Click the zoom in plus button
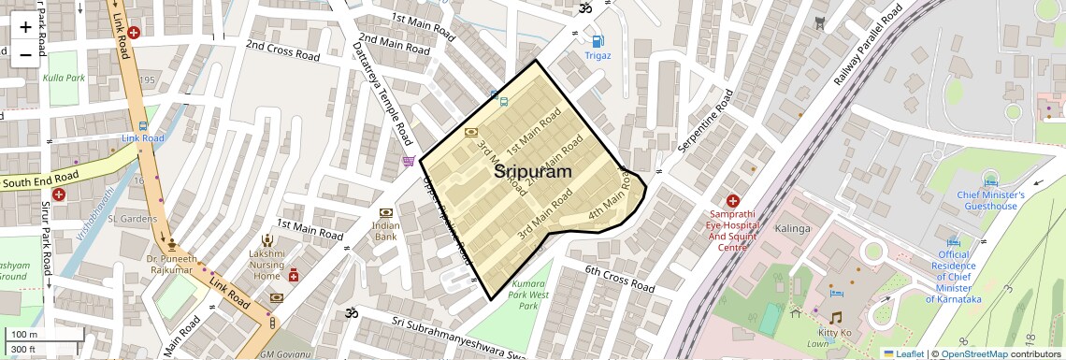point(25,26)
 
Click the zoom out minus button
point(25,54)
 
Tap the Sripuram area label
point(532,171)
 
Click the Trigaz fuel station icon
point(597,40)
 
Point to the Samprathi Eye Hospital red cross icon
point(733,201)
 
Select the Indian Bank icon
point(386,214)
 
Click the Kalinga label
point(792,228)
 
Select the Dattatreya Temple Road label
point(383,94)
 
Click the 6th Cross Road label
point(620,279)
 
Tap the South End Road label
point(39,178)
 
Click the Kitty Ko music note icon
point(835,318)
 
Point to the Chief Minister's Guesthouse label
point(991,200)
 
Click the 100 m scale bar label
point(24,335)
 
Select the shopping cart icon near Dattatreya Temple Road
point(409,162)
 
